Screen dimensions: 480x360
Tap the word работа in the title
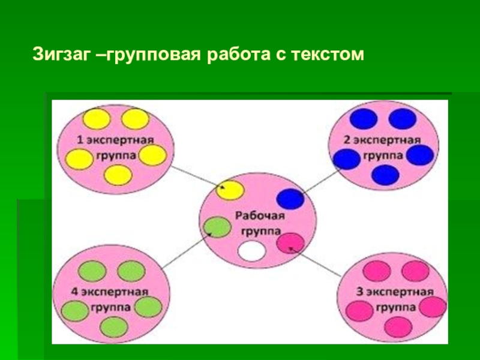[x=238, y=56]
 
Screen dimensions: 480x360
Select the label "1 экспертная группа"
[x=116, y=146]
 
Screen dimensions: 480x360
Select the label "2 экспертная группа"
[x=382, y=146]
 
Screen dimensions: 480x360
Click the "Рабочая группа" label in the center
[x=259, y=223]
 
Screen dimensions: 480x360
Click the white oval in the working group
[x=251, y=251]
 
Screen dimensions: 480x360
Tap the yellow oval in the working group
[x=231, y=190]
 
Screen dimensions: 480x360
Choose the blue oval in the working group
[x=290, y=199]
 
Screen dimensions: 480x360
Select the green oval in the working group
[x=217, y=227]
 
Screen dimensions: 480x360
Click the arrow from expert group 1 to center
[x=195, y=178]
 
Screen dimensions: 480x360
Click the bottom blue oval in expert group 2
[x=385, y=175]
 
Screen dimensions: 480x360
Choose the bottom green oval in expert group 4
[x=113, y=327]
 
